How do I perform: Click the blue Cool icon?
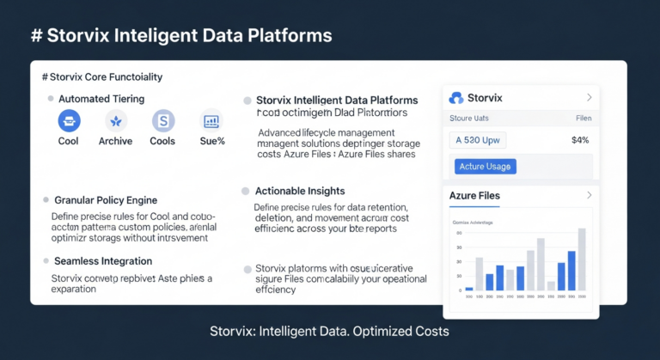[69, 121]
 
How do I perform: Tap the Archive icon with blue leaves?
[115, 121]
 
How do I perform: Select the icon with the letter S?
[162, 121]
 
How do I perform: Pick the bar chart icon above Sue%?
[210, 121]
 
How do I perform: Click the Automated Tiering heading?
[101, 99]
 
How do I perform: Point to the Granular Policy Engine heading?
[105, 200]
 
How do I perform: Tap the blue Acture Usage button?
[485, 166]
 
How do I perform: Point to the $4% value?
[579, 139]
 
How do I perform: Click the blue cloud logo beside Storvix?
[456, 98]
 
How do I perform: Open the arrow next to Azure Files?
[589, 196]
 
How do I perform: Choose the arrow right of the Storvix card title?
[589, 98]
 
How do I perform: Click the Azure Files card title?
[474, 196]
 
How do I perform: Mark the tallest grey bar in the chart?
[583, 259]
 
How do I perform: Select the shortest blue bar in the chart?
[469, 288]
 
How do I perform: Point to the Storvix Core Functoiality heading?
[102, 77]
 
